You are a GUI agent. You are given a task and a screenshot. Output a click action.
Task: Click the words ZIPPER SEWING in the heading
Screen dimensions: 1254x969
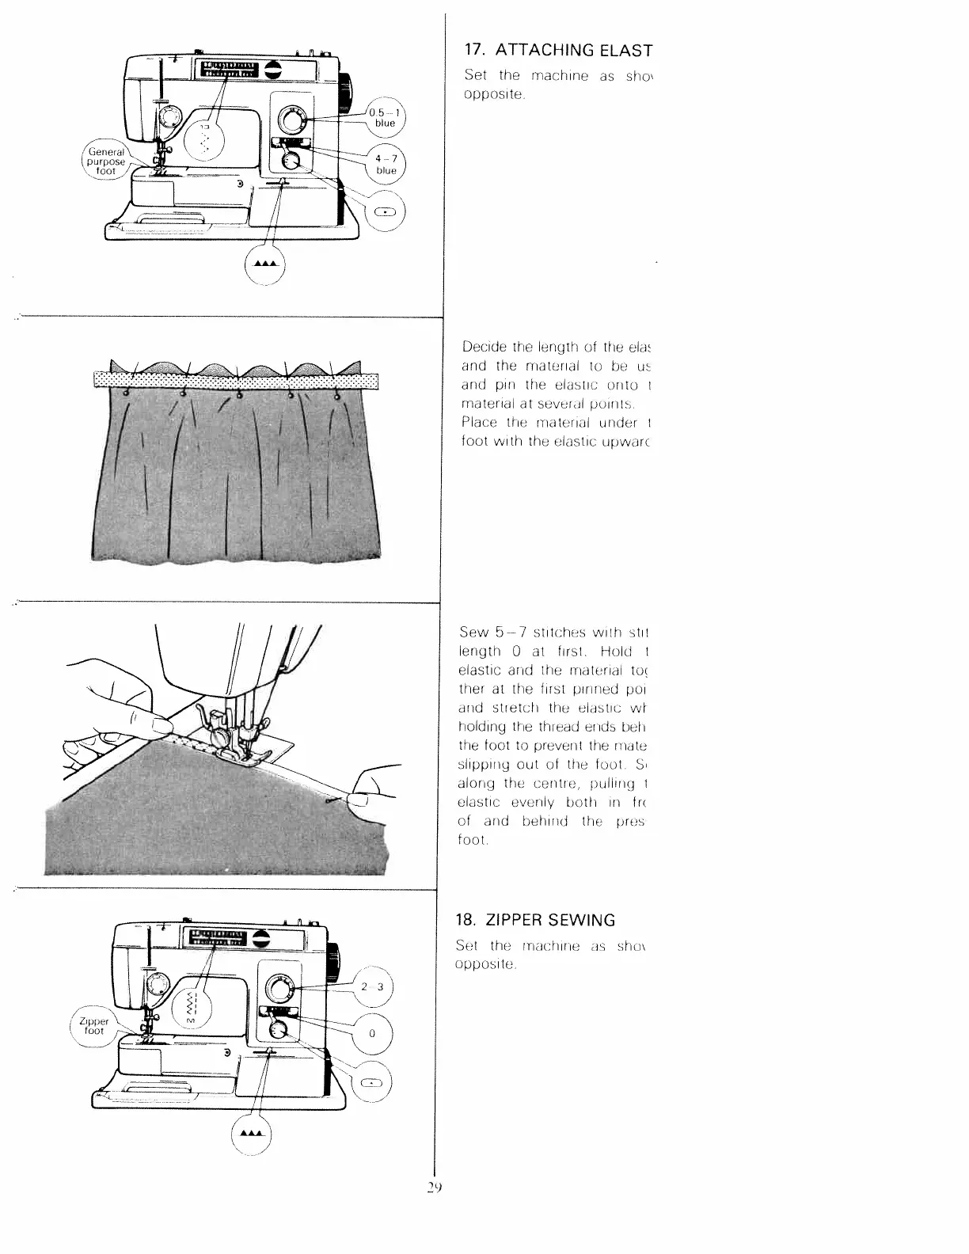pyautogui.click(x=549, y=920)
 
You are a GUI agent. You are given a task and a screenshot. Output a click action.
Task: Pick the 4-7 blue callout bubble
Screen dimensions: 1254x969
pyautogui.click(x=386, y=164)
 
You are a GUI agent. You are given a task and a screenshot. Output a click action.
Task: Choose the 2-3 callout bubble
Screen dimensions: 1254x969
pyautogui.click(x=371, y=986)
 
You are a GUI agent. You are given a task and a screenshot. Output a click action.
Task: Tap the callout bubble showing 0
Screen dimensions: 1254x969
pyautogui.click(x=371, y=1034)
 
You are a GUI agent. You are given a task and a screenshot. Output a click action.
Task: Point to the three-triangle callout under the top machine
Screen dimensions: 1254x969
pyautogui.click(x=265, y=263)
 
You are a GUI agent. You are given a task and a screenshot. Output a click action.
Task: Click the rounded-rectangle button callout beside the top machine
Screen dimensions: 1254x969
pyautogui.click(x=385, y=211)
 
